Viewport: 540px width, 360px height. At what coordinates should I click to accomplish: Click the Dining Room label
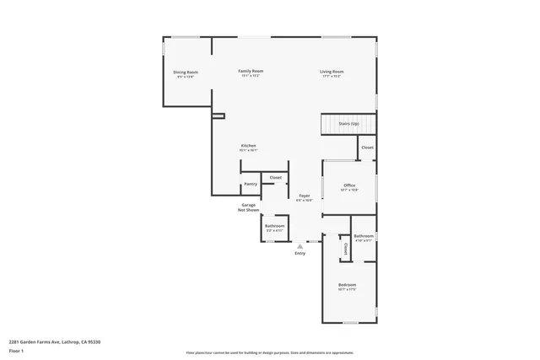(186, 74)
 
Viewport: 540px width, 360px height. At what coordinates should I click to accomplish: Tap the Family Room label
(251, 73)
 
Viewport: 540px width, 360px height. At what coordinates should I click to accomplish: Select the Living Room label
(331, 73)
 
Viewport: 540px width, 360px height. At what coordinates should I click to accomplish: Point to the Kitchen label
(248, 147)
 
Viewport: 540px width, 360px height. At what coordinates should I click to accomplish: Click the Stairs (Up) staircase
(348, 124)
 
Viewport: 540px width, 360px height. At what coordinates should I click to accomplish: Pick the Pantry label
(250, 184)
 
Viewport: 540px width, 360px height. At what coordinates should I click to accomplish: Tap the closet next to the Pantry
(275, 178)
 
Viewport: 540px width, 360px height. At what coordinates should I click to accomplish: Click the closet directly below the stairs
(367, 148)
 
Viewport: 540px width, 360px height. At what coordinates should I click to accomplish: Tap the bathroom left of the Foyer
(275, 228)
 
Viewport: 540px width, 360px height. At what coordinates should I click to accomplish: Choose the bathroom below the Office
(364, 238)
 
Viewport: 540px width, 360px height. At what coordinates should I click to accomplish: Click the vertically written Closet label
(346, 250)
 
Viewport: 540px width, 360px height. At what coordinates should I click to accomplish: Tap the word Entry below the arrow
(300, 254)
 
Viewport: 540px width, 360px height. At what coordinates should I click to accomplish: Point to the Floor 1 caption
(16, 350)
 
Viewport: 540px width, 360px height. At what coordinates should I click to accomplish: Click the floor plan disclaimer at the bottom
(269, 352)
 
